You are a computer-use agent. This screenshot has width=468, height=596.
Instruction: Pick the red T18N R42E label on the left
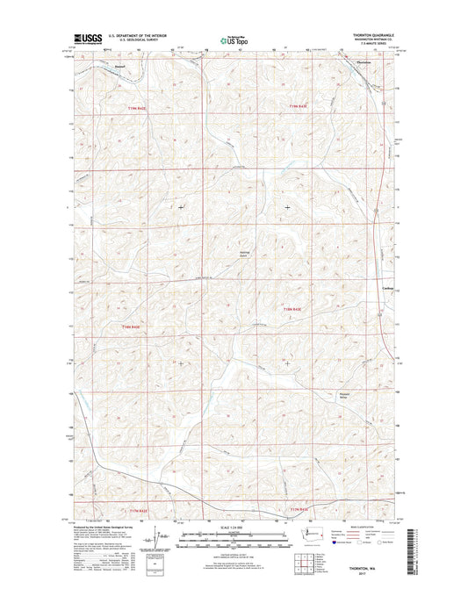point(129,327)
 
